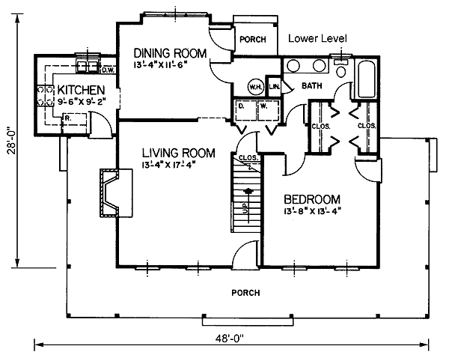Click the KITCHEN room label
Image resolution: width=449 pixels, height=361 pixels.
pyautogui.click(x=81, y=90)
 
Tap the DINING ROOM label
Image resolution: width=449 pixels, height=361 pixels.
pyautogui.click(x=170, y=53)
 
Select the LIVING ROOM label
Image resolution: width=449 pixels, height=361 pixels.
pyautogui.click(x=178, y=153)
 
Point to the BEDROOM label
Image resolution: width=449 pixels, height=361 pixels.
pyautogui.click(x=312, y=199)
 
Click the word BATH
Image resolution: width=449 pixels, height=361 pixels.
pyautogui.click(x=312, y=85)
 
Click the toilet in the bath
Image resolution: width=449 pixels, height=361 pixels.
pyautogui.click(x=340, y=69)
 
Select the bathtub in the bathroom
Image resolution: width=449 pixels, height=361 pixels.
pyautogui.click(x=367, y=79)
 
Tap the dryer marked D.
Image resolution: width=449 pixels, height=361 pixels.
pyautogui.click(x=246, y=110)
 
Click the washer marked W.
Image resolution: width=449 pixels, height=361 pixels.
pyautogui.click(x=269, y=110)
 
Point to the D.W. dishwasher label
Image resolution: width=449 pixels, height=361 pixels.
pyautogui.click(x=107, y=70)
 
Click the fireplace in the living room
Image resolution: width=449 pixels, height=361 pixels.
pyautogui.click(x=116, y=193)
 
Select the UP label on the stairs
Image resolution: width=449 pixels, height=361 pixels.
pyautogui.click(x=245, y=207)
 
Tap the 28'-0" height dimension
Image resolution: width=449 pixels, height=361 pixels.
pyautogui.click(x=12, y=140)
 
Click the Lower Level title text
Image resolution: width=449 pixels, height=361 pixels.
pyautogui.click(x=317, y=38)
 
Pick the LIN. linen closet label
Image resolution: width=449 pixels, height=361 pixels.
pyautogui.click(x=274, y=85)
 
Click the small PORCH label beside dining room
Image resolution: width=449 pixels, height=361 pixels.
pyautogui.click(x=253, y=39)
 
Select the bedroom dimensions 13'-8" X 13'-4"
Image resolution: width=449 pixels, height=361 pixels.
pyautogui.click(x=313, y=211)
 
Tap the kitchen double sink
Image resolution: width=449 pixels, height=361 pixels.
pyautogui.click(x=87, y=67)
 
